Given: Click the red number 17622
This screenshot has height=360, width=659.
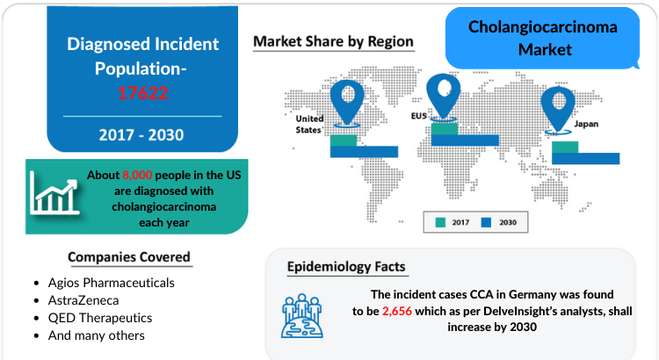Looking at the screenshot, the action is click(143, 93).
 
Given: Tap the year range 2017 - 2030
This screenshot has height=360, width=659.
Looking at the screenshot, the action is click(141, 135).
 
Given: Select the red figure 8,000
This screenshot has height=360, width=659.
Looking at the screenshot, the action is click(137, 175).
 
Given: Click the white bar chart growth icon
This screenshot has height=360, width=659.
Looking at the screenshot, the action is click(54, 194).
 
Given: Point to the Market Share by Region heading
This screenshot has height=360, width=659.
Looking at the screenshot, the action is click(333, 41).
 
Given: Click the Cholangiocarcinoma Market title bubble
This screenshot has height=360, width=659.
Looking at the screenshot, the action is click(542, 38).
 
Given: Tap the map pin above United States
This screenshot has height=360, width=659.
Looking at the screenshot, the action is click(347, 103).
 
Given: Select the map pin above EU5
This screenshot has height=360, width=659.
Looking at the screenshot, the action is click(444, 97).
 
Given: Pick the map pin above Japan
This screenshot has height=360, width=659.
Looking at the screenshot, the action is click(558, 110).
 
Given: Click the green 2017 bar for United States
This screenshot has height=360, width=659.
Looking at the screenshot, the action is click(344, 140).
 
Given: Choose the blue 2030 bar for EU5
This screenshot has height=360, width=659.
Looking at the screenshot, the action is click(465, 140).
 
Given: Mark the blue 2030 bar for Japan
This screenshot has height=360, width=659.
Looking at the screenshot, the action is click(586, 158).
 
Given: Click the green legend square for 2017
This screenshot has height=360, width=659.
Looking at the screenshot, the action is click(440, 222).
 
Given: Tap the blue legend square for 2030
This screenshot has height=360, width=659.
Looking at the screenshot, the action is click(486, 222).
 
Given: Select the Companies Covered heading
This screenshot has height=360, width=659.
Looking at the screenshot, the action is click(129, 256).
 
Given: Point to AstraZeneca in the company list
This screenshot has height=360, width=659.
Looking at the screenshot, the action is click(83, 300).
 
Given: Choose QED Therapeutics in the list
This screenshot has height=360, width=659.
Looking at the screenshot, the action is click(100, 318).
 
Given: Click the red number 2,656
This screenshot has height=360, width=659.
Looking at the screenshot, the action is click(397, 312).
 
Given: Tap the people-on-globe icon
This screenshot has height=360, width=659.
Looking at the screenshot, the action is click(302, 316).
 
